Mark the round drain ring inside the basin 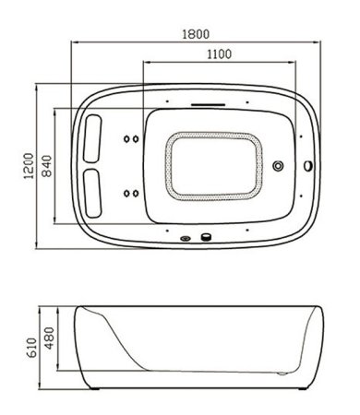point(279,168)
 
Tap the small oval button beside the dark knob point(187,238)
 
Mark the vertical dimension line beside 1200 point(37,166)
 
